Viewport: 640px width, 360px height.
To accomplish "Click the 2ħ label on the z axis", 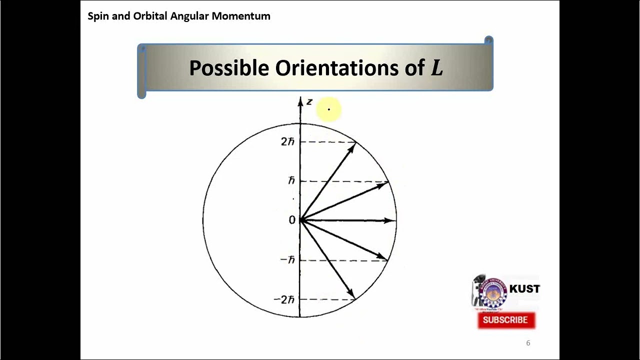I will point(287,141).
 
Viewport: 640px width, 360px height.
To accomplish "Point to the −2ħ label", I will point(284,299).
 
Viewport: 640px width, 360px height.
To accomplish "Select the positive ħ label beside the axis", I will point(291,180).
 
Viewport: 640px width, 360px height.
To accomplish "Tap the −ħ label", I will point(288,260).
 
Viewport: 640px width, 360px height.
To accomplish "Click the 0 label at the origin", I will point(292,220).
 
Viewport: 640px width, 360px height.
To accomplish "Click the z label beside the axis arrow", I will point(309,102).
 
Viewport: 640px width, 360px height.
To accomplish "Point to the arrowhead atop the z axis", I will point(300,102).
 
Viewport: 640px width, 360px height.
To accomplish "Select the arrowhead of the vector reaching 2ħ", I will point(352,147).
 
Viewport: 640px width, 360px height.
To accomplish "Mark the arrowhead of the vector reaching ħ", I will point(384,184).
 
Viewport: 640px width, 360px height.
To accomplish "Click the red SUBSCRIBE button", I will point(506,320).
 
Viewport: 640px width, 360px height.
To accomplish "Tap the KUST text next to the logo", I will point(524,289).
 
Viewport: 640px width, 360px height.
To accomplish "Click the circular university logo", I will point(493,292).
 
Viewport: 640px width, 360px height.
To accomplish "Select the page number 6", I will point(528,343).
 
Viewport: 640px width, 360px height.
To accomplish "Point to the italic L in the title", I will point(436,68).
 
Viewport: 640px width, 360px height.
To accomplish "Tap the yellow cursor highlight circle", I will point(329,109).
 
